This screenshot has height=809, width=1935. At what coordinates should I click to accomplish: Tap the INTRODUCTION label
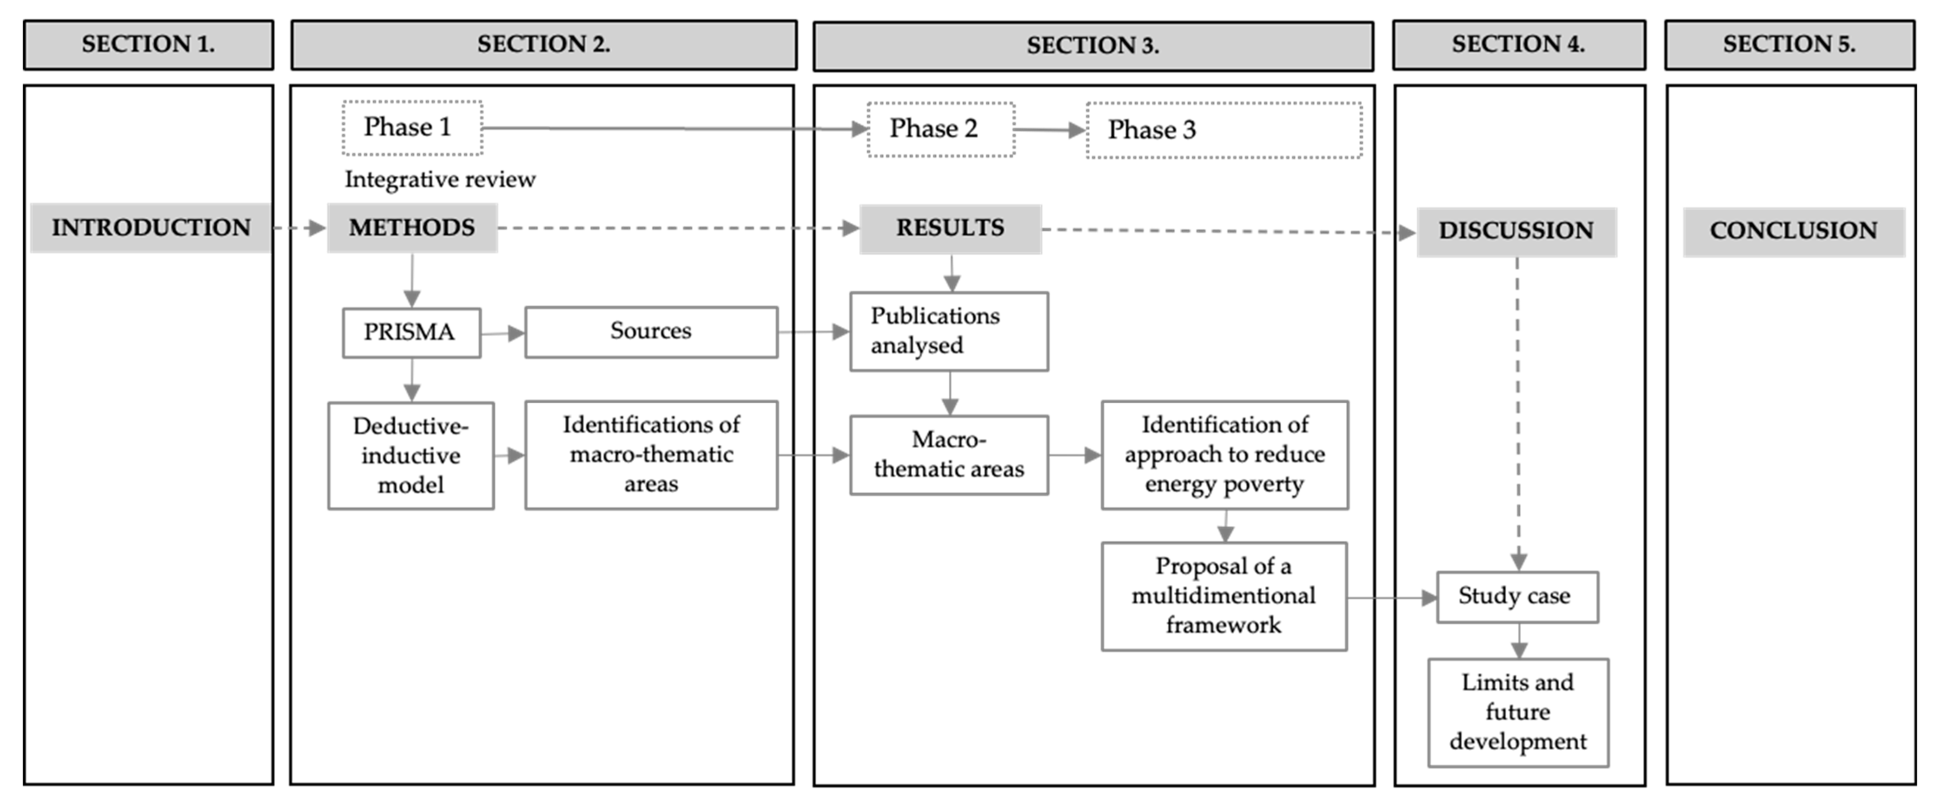pos(150,228)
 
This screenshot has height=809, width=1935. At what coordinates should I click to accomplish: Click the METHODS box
pos(412,228)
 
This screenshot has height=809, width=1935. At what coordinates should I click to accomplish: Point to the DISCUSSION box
pos(1516,231)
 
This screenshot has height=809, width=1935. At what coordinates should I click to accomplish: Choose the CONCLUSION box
pos(1793,231)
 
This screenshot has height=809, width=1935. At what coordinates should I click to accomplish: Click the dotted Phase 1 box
pos(412,128)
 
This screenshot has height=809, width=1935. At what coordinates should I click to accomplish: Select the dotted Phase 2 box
pos(940,129)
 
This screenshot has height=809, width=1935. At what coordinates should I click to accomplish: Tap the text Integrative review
pos(440,179)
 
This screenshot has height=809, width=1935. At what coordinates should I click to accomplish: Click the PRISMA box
pos(411,332)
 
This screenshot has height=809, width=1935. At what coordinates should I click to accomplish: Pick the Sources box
pos(651,331)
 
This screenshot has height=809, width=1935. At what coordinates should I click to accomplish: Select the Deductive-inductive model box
pos(411,455)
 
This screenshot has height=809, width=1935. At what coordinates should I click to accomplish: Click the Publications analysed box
pos(949,331)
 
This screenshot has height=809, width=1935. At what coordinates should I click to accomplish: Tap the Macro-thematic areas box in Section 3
pos(949,454)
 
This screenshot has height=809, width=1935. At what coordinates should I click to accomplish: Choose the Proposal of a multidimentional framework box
pos(1224,596)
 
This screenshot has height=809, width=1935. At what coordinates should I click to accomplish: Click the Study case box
pos(1517,597)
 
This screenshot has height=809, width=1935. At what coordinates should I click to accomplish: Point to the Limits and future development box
pos(1517,712)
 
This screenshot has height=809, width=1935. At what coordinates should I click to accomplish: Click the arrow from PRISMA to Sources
pos(503,333)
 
